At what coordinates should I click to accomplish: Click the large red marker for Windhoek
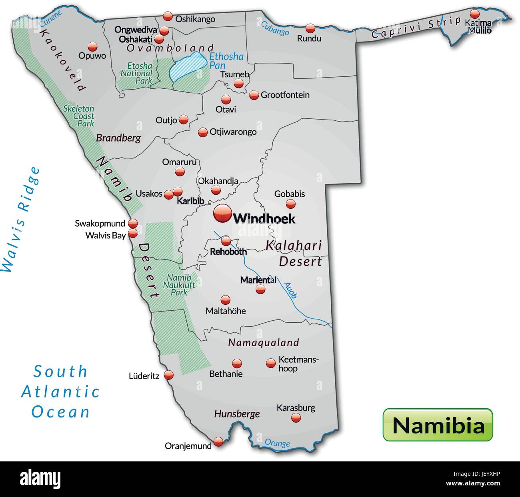[x=222, y=214]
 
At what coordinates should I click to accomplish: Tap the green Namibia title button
[x=438, y=425]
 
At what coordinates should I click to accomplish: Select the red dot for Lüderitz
[x=169, y=375]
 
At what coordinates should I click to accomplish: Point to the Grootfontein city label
[x=285, y=95]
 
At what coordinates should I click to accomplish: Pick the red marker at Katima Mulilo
[x=474, y=14]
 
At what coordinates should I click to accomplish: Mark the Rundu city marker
[x=310, y=28]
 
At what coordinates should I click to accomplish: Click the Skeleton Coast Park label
[x=80, y=116]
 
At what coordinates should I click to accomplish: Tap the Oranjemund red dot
[x=218, y=441]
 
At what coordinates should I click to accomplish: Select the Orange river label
[x=277, y=443]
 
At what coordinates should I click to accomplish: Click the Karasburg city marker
[x=296, y=418]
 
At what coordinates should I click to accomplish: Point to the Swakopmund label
[x=100, y=224]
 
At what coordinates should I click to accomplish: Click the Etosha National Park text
[x=136, y=73]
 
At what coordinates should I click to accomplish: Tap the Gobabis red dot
[x=290, y=204]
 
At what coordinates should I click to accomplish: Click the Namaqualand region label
[x=264, y=343]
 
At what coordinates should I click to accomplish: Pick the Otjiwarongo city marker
[x=203, y=132]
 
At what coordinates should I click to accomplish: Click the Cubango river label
[x=275, y=28]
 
